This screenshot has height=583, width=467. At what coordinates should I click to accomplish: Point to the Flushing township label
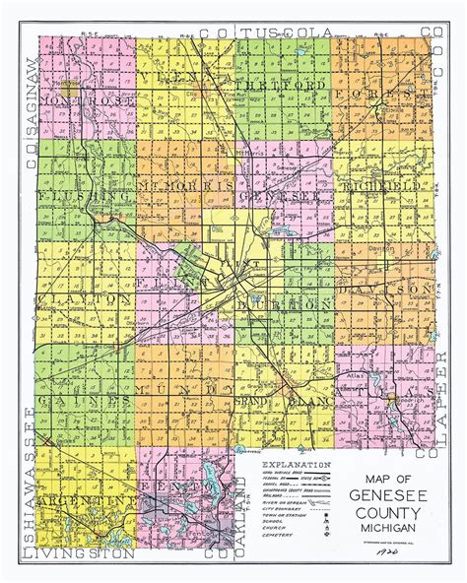(73, 196)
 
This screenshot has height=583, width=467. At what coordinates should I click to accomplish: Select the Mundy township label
(182, 391)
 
